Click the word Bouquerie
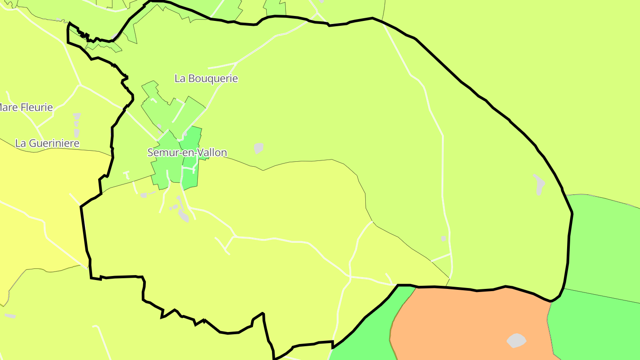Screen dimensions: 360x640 click(x=213, y=79)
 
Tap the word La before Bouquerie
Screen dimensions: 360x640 click(x=180, y=79)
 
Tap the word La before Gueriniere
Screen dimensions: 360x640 click(x=20, y=143)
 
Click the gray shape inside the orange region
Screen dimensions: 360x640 click(x=516, y=340)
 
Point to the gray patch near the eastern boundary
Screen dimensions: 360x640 click(x=539, y=184)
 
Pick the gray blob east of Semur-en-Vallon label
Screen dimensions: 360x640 click(x=259, y=148)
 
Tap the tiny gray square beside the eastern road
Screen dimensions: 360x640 click(x=444, y=239)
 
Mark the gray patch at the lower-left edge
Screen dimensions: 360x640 click(x=10, y=316)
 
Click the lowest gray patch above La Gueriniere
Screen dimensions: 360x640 click(x=76, y=132)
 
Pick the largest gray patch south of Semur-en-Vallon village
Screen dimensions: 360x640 click(x=183, y=216)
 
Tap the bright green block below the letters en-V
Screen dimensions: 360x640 click(x=190, y=178)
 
